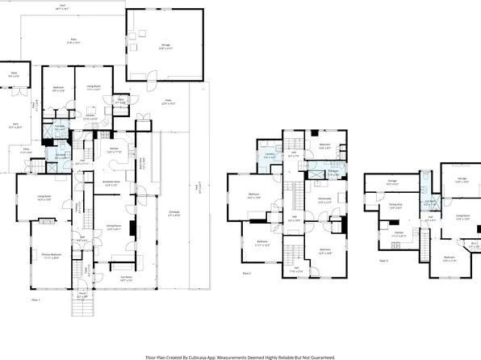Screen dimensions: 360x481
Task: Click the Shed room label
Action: point(14,76)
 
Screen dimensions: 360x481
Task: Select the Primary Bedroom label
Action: point(52,257)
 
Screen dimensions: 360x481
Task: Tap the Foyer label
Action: point(82,238)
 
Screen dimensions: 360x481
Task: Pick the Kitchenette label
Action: point(325,201)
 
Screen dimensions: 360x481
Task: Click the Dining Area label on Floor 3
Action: point(395,206)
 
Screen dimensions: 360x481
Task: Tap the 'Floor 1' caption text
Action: point(36,300)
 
